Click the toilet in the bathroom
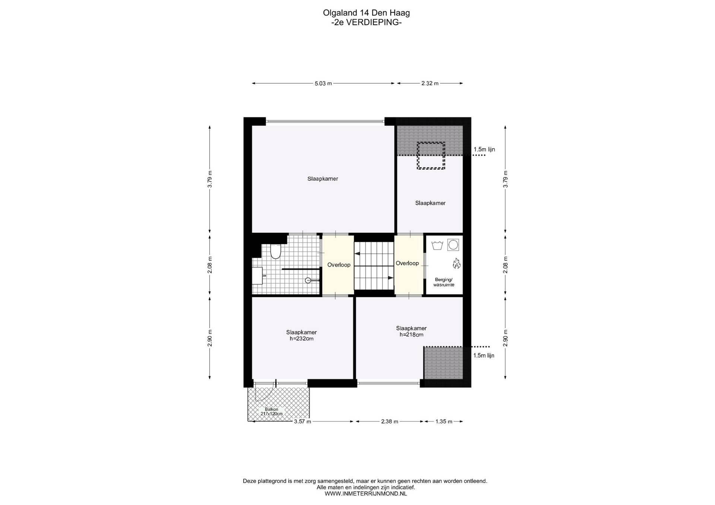(x=275, y=251)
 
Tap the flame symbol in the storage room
(x=457, y=263)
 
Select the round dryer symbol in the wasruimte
(x=453, y=245)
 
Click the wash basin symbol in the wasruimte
(x=437, y=245)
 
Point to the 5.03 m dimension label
(x=323, y=84)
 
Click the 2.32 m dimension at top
(x=430, y=84)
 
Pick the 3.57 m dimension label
(x=302, y=422)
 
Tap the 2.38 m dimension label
(x=390, y=422)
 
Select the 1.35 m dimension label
(x=444, y=422)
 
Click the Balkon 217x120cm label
(x=271, y=411)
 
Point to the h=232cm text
(x=301, y=339)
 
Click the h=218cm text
(x=411, y=335)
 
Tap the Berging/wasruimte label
(x=444, y=282)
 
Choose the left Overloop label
(x=339, y=265)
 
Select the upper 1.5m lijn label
(x=484, y=149)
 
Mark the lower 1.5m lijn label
(x=484, y=356)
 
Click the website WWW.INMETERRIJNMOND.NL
(x=366, y=494)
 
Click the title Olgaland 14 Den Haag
(x=366, y=13)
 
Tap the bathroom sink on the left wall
(x=258, y=276)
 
